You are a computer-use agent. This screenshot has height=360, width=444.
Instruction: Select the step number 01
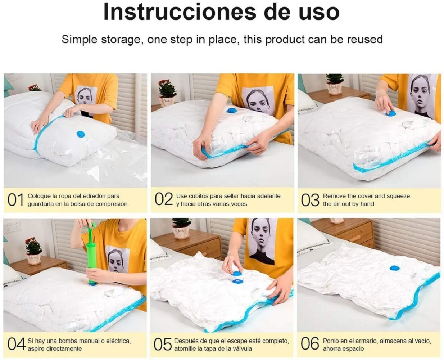(x=15, y=200)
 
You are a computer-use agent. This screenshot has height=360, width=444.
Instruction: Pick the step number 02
(x=164, y=199)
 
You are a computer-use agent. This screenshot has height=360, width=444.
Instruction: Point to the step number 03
(x=310, y=200)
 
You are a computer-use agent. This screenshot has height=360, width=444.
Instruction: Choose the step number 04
(x=16, y=345)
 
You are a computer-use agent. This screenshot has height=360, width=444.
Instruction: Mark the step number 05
(x=162, y=345)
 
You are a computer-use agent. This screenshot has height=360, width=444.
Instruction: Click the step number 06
(x=310, y=344)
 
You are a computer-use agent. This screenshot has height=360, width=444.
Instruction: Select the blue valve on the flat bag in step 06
(x=394, y=268)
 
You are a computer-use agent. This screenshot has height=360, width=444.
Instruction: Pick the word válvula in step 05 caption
(x=241, y=348)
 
